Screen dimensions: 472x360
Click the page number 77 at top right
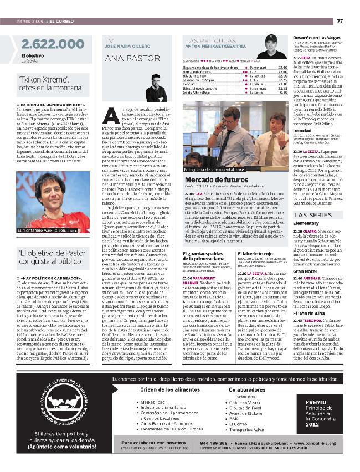click(x=340, y=22)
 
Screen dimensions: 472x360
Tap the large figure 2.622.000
click(x=46, y=45)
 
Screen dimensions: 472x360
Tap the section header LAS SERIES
click(x=309, y=214)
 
